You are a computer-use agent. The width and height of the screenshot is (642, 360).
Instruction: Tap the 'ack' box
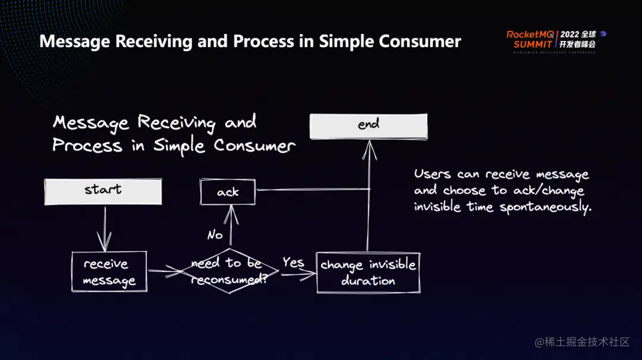228,192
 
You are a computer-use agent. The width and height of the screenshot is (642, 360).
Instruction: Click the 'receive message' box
109,272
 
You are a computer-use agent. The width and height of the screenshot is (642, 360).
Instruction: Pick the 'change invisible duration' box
368,273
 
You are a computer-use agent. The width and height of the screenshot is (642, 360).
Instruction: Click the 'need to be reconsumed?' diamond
229,271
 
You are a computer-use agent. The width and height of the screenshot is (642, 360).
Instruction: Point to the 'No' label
215,235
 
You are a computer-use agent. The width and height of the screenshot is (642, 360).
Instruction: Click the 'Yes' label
293,263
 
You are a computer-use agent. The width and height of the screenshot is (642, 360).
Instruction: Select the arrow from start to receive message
105,229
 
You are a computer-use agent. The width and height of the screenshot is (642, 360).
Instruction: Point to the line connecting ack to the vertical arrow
312,190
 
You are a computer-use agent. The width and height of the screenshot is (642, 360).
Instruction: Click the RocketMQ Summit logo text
529,39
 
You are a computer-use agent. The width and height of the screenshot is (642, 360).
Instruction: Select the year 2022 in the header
569,34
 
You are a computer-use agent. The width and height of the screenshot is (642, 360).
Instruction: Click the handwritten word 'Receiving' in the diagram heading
177,122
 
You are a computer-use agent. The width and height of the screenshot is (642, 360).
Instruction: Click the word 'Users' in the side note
433,174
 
